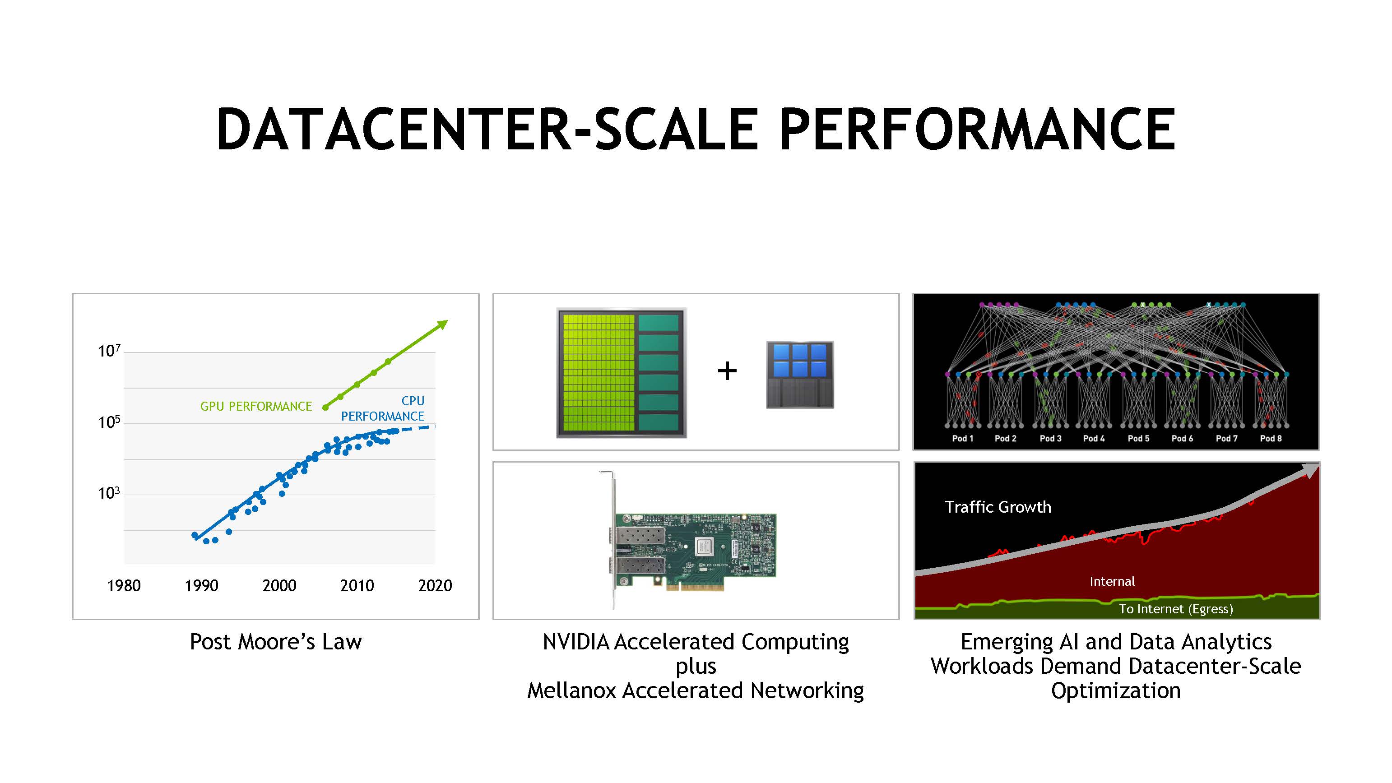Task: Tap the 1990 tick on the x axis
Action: [202, 585]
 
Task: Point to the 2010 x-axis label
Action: [357, 585]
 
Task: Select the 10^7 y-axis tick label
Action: [109, 351]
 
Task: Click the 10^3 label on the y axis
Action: [109, 493]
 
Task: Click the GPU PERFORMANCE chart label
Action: [256, 406]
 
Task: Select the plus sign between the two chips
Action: [727, 371]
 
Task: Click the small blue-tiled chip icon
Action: [800, 375]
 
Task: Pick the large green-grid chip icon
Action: [622, 373]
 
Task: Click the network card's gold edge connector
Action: [696, 586]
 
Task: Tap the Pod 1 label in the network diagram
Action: [962, 438]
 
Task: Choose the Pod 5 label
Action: [1139, 438]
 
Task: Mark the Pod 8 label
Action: [1271, 438]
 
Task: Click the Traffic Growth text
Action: [998, 507]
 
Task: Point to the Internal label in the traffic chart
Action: [1112, 581]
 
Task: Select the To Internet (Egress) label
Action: [1176, 609]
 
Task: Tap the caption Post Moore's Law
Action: [276, 642]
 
